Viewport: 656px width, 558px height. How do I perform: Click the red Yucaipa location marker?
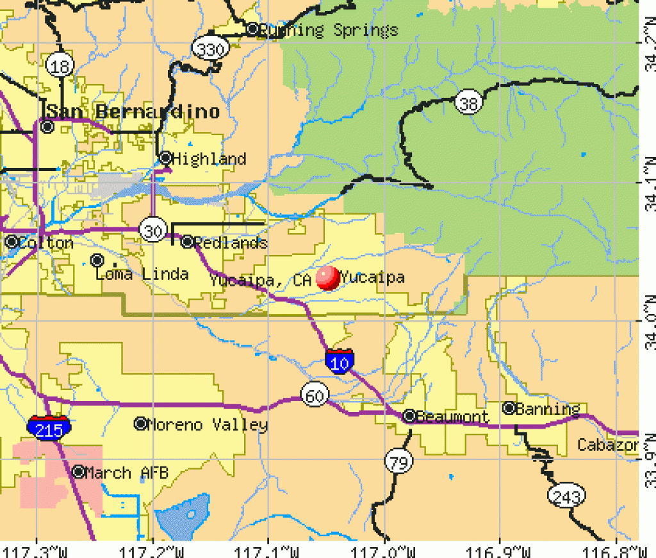coord(328,278)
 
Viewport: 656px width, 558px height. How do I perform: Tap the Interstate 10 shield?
coord(338,361)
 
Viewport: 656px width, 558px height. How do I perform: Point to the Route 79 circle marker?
coord(398,461)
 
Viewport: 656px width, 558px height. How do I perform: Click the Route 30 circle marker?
coord(153,231)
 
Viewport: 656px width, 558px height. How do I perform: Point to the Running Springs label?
coord(331,30)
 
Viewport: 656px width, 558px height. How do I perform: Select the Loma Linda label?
coord(142,275)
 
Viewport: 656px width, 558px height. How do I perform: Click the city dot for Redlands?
coord(187,242)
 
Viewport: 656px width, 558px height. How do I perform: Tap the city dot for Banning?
coord(509,408)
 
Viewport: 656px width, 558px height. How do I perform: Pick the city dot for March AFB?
coord(78,472)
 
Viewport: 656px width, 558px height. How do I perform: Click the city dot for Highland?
coord(165,158)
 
